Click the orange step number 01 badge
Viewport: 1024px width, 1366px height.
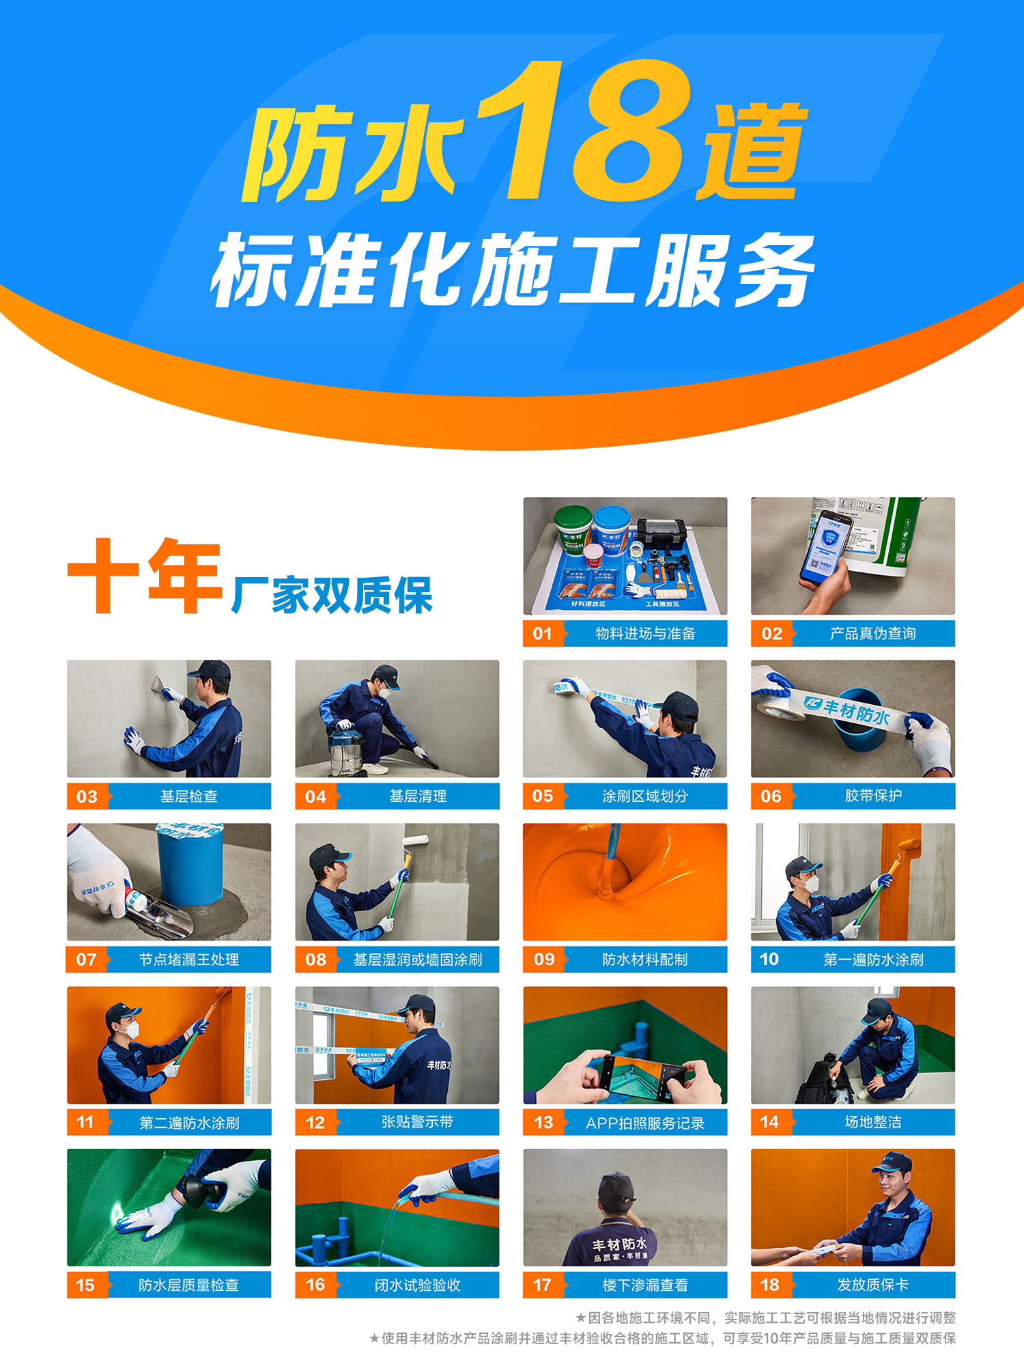pyautogui.click(x=543, y=633)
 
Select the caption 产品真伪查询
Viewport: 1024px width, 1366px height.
pyautogui.click(x=872, y=633)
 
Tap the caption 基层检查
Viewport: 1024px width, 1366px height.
pyautogui.click(x=188, y=796)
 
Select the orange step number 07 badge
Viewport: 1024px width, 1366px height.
pyautogui.click(x=87, y=960)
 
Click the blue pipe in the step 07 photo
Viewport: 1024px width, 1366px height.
pyautogui.click(x=190, y=864)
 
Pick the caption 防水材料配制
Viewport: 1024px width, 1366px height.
pyautogui.click(x=644, y=960)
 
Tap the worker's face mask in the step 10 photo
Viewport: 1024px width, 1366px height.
pyautogui.click(x=810, y=884)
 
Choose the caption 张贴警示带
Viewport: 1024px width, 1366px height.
pyautogui.click(x=417, y=1122)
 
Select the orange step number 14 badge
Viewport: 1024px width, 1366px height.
pyautogui.click(x=770, y=1122)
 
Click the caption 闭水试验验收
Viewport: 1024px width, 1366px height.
pyautogui.click(x=417, y=1285)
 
